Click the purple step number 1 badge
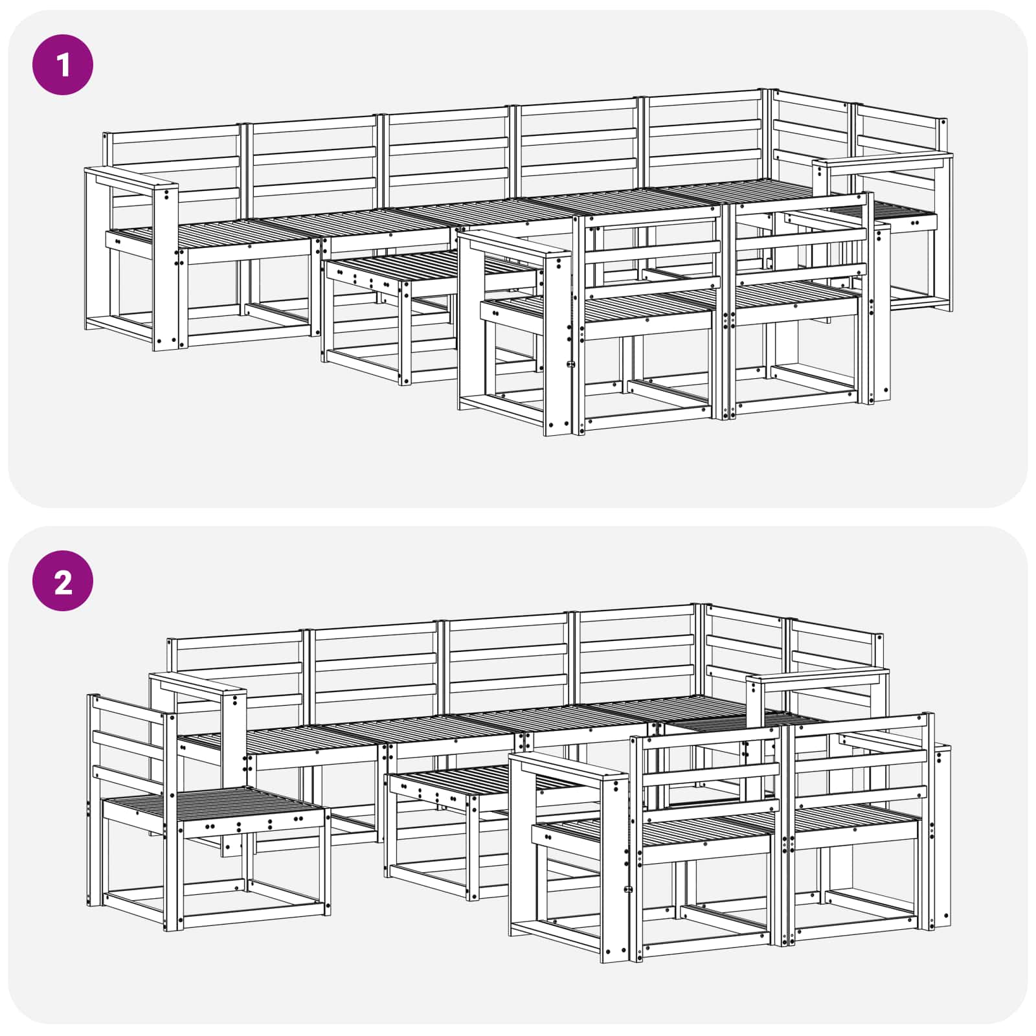point(63,65)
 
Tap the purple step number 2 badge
point(63,581)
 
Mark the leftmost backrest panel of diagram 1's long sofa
point(175,162)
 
